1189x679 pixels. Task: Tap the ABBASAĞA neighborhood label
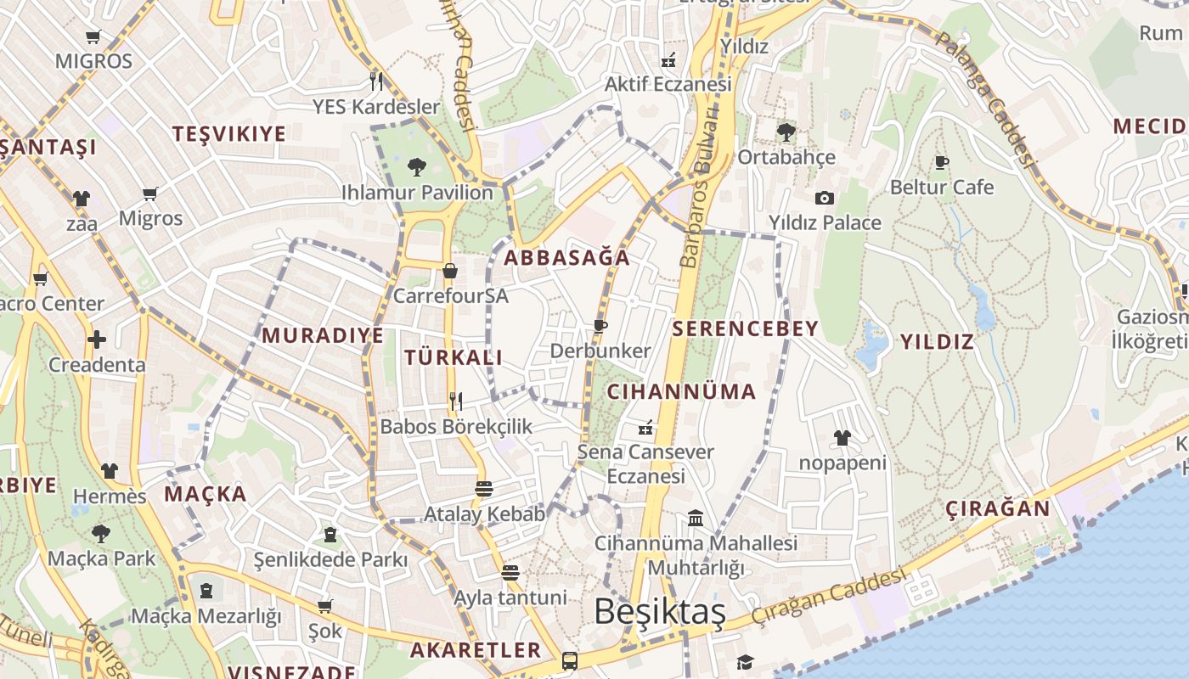pos(567,258)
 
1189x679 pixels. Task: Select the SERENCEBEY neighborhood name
pos(745,328)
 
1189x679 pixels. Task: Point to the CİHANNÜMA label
pos(681,391)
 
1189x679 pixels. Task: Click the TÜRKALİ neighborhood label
pos(454,357)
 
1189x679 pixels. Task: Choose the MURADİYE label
pos(323,335)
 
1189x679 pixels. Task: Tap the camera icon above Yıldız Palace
pos(824,199)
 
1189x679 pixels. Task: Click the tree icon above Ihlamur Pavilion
pos(416,166)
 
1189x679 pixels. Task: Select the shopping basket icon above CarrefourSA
pos(450,271)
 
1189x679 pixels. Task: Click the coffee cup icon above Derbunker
pos(600,326)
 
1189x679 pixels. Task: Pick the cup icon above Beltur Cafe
pos(941,162)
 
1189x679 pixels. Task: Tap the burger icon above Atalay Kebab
pos(484,489)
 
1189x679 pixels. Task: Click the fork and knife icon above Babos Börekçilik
pos(456,401)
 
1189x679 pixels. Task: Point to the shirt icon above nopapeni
pos(842,438)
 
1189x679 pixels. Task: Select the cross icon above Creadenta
pos(97,339)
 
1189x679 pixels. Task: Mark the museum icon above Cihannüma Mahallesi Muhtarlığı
pos(696,518)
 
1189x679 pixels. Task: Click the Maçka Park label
pos(102,558)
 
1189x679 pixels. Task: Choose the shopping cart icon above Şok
pos(324,606)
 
